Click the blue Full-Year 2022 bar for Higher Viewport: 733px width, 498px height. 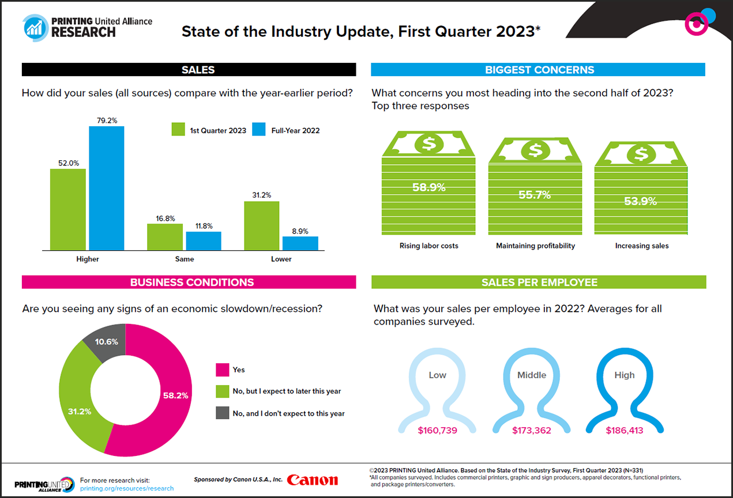point(106,188)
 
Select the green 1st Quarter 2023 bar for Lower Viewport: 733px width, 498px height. point(261,225)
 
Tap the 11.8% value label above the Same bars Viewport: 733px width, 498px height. point(203,226)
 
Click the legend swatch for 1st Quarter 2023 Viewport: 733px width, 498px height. point(178,130)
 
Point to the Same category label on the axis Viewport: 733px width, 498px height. point(185,259)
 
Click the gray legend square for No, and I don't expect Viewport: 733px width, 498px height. point(223,413)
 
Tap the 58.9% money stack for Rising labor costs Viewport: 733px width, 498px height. point(428,190)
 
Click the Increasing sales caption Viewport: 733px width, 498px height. point(642,246)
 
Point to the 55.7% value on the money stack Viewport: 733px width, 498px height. point(535,195)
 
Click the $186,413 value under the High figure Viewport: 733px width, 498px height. point(625,430)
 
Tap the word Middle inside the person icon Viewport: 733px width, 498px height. point(531,375)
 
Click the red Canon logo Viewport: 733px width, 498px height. point(312,480)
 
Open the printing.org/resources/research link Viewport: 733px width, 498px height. point(127,488)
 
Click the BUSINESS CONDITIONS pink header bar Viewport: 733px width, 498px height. point(189,282)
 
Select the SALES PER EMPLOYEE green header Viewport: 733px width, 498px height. point(539,282)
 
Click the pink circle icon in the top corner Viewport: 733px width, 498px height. point(696,24)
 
